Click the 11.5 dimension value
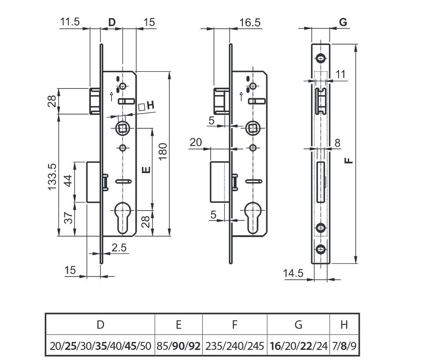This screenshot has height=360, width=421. [70, 22]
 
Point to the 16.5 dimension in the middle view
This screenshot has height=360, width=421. [250, 22]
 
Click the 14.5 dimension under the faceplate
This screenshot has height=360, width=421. [293, 273]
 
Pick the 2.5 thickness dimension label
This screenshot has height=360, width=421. [119, 248]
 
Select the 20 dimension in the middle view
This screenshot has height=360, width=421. [196, 142]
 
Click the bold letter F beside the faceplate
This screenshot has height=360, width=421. [349, 160]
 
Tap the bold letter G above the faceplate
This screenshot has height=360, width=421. [343, 22]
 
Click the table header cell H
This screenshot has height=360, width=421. [344, 325]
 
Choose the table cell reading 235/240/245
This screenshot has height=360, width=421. [235, 346]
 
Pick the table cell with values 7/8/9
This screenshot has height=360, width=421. [344, 346]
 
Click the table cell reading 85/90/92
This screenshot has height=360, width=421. [179, 346]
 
